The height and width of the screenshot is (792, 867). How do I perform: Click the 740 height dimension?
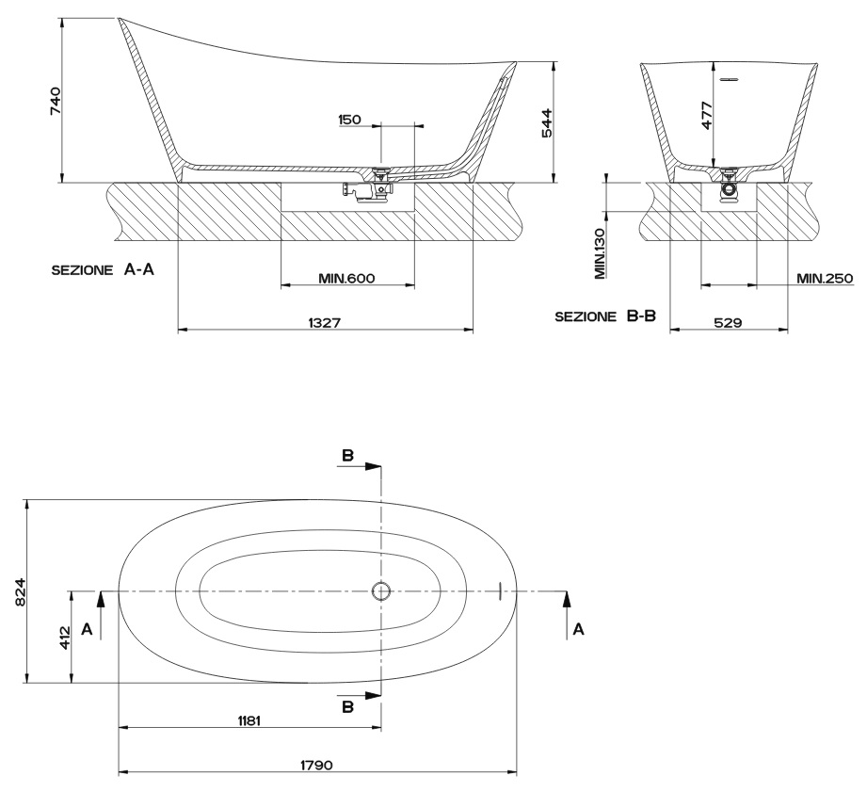click(x=56, y=101)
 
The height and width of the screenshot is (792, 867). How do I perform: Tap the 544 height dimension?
click(x=546, y=122)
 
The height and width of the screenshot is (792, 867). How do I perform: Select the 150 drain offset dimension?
click(x=349, y=119)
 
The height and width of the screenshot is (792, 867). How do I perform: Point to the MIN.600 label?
click(x=346, y=278)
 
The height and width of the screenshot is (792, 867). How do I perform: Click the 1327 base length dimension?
click(x=325, y=322)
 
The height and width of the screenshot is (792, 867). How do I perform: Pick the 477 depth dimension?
click(x=707, y=115)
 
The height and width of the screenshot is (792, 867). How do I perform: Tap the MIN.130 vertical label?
click(x=600, y=253)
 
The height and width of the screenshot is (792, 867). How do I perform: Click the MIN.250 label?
click(x=825, y=278)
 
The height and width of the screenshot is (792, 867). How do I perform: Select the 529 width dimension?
click(x=728, y=322)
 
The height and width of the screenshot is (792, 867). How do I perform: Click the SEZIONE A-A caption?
click(x=103, y=270)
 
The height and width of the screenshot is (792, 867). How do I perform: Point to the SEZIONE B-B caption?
click(x=605, y=315)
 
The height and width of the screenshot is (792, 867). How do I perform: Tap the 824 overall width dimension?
click(x=20, y=591)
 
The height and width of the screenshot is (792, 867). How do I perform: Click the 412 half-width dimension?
click(x=65, y=638)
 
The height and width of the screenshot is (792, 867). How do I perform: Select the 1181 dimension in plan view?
click(x=249, y=720)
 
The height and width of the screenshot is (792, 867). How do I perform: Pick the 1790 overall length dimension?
click(x=317, y=765)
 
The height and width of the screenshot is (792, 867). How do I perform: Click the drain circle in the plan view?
click(x=381, y=591)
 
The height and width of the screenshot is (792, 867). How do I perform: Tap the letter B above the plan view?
click(x=347, y=455)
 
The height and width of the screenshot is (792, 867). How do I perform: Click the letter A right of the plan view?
click(x=578, y=629)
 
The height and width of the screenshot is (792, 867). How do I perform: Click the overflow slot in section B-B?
click(x=729, y=79)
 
